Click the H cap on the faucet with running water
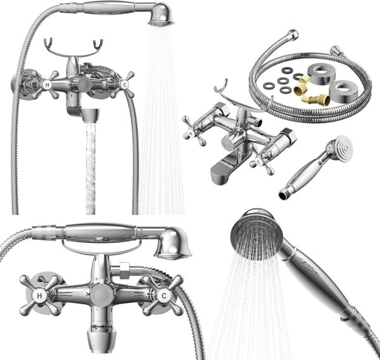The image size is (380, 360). [x=47, y=85]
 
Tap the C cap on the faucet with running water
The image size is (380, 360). [x=125, y=85]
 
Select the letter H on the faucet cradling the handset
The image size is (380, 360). [x=39, y=295]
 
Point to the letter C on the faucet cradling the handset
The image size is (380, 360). [x=164, y=295]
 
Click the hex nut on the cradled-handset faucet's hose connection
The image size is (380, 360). [x=124, y=270]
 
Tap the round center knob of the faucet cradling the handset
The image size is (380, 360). [x=101, y=295]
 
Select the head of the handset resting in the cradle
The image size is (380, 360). [x=172, y=244]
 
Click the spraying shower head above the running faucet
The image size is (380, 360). [x=161, y=15]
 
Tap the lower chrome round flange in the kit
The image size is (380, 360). [x=343, y=90]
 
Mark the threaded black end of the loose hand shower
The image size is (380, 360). [x=283, y=195]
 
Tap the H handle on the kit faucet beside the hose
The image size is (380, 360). [x=193, y=131]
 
